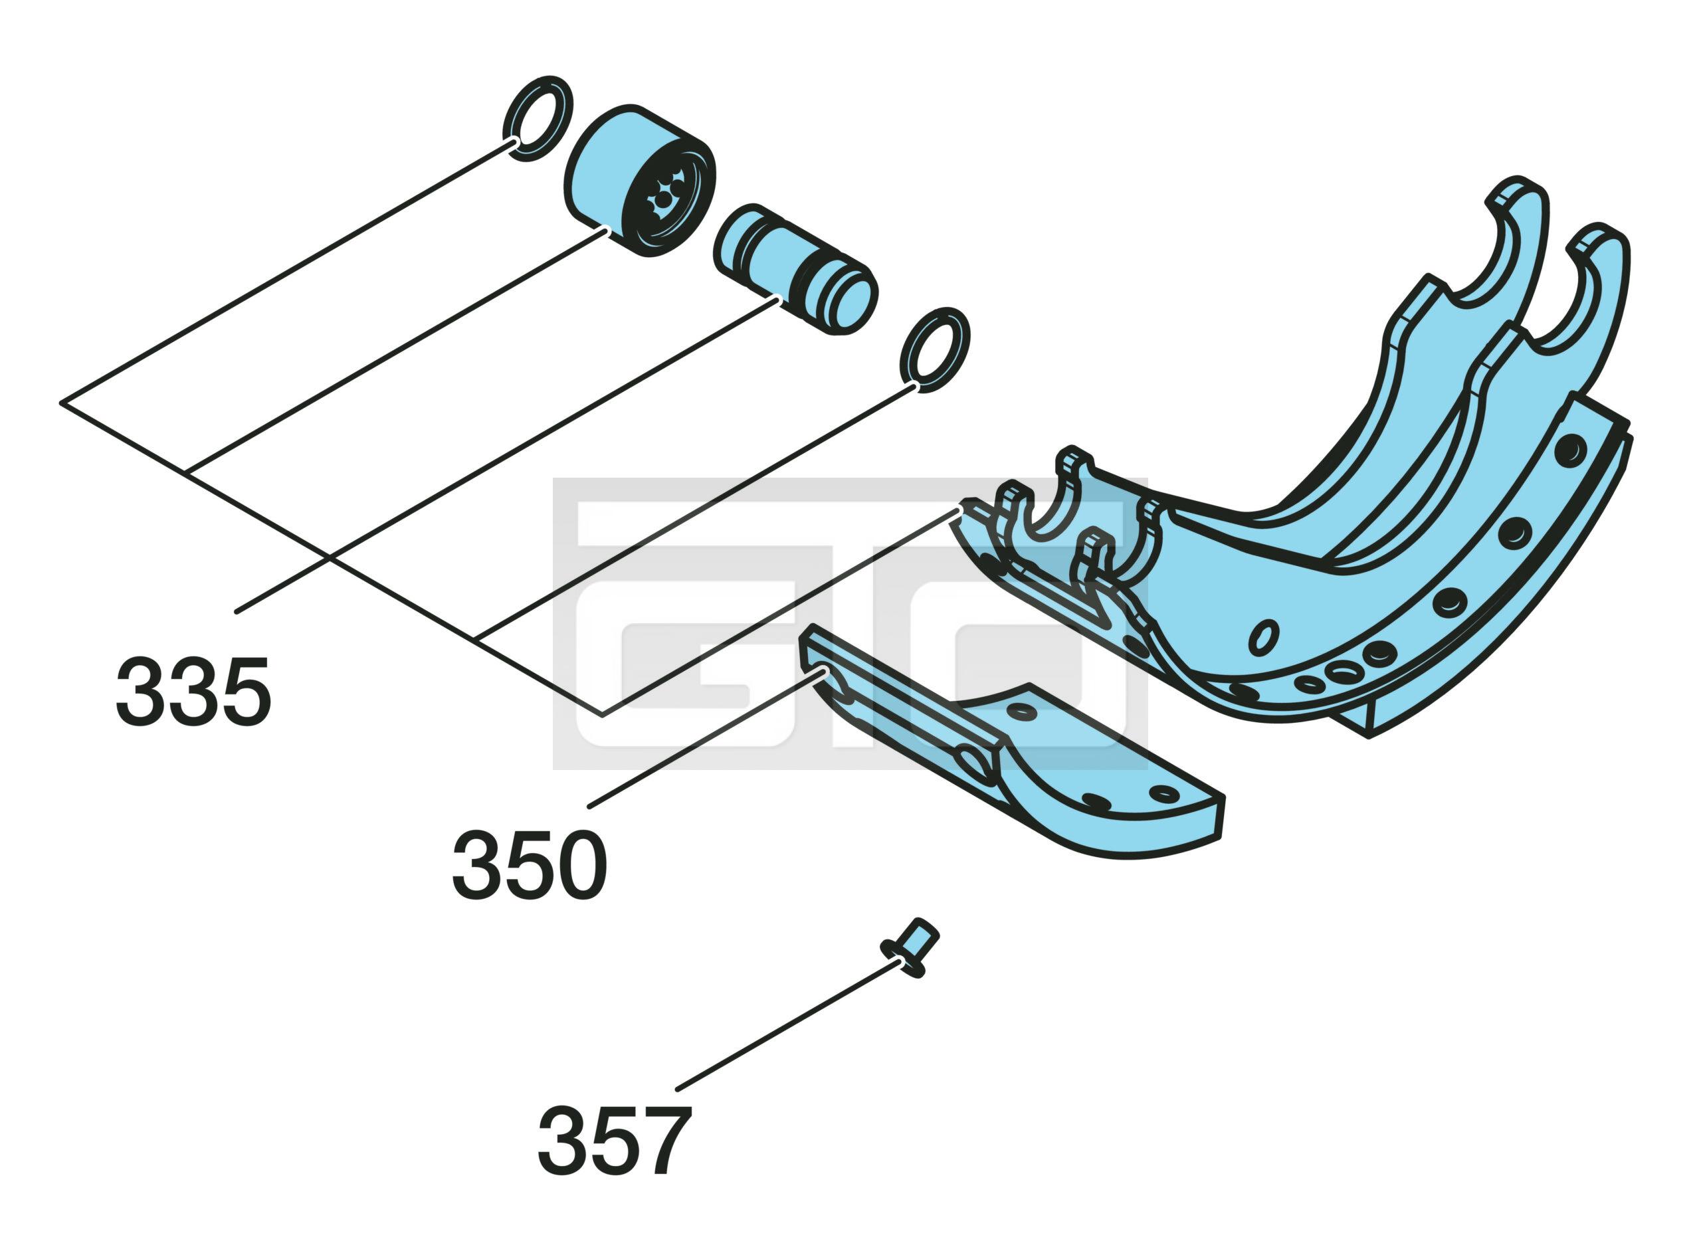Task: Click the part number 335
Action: click(193, 690)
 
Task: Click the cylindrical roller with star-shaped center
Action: click(640, 180)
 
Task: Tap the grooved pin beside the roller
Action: click(795, 268)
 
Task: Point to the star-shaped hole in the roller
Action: click(665, 198)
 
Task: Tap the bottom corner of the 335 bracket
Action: click(603, 714)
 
